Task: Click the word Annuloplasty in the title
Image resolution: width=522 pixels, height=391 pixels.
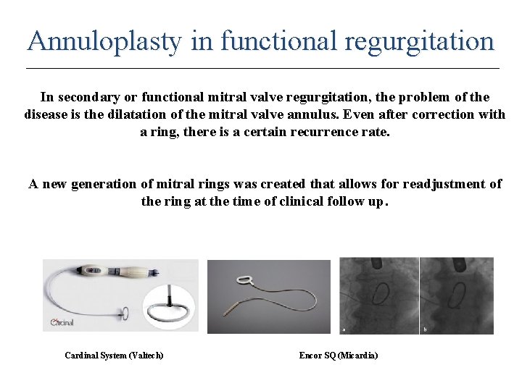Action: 104,41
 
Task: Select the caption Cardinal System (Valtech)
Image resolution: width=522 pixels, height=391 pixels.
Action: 114,355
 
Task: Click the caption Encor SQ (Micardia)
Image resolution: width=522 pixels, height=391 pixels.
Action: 339,355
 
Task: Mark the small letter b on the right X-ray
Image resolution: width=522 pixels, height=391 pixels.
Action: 424,330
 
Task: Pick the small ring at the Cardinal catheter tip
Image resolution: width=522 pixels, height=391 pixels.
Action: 124,314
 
